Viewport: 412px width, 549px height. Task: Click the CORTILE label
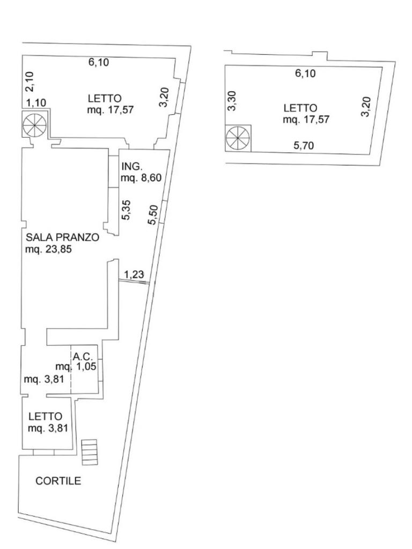point(58,481)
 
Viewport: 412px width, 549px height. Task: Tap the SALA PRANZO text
point(62,238)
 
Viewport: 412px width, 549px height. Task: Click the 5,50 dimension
point(153,215)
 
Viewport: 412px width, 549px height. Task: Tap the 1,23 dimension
point(134,275)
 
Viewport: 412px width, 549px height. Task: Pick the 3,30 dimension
point(232,101)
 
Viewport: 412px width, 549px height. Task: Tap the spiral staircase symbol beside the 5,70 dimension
point(238,138)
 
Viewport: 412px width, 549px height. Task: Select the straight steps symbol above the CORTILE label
point(90,452)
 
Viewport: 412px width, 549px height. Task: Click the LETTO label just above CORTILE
point(46,416)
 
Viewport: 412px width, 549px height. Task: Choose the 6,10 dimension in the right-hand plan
point(305,74)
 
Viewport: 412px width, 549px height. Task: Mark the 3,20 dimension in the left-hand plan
point(164,97)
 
